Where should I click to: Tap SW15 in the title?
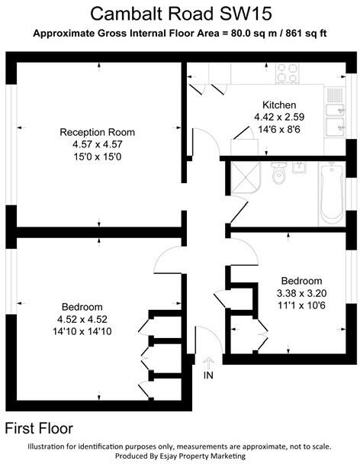pos(246,13)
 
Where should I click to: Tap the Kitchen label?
pos(279,105)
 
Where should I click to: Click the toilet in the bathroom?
pos(278,176)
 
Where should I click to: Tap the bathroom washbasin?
pos(300,166)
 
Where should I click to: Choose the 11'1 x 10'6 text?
pos(301,305)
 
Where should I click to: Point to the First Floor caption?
pos(39,428)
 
